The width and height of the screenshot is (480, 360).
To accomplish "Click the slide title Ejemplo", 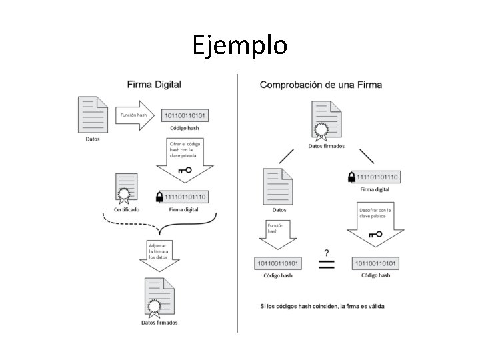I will tap(240, 45).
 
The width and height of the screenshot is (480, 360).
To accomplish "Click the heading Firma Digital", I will tap(154, 85).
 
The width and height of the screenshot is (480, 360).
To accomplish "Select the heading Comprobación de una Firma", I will tap(321, 85).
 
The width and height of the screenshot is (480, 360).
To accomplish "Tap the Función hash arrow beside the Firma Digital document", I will tap(136, 115).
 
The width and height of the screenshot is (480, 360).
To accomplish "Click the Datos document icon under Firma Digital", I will tap(93, 115).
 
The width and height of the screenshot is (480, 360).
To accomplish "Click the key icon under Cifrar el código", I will tap(185, 170).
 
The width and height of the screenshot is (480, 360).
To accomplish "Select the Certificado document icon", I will tap(126, 187).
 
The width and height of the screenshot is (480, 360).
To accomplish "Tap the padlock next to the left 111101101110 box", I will tap(159, 197).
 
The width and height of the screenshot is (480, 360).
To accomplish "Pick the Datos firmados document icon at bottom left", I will tap(159, 297).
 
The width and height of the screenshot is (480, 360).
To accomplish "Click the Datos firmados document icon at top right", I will tap(326, 120).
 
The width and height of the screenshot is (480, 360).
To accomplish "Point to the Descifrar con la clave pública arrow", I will tap(375, 223).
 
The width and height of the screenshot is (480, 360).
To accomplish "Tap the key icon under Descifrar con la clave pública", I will tap(375, 234).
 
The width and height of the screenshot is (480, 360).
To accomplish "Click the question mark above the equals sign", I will tap(326, 252).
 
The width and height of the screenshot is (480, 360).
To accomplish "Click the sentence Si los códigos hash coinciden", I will tap(322, 307).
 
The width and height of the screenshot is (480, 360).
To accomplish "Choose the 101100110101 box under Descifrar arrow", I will tap(375, 263).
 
